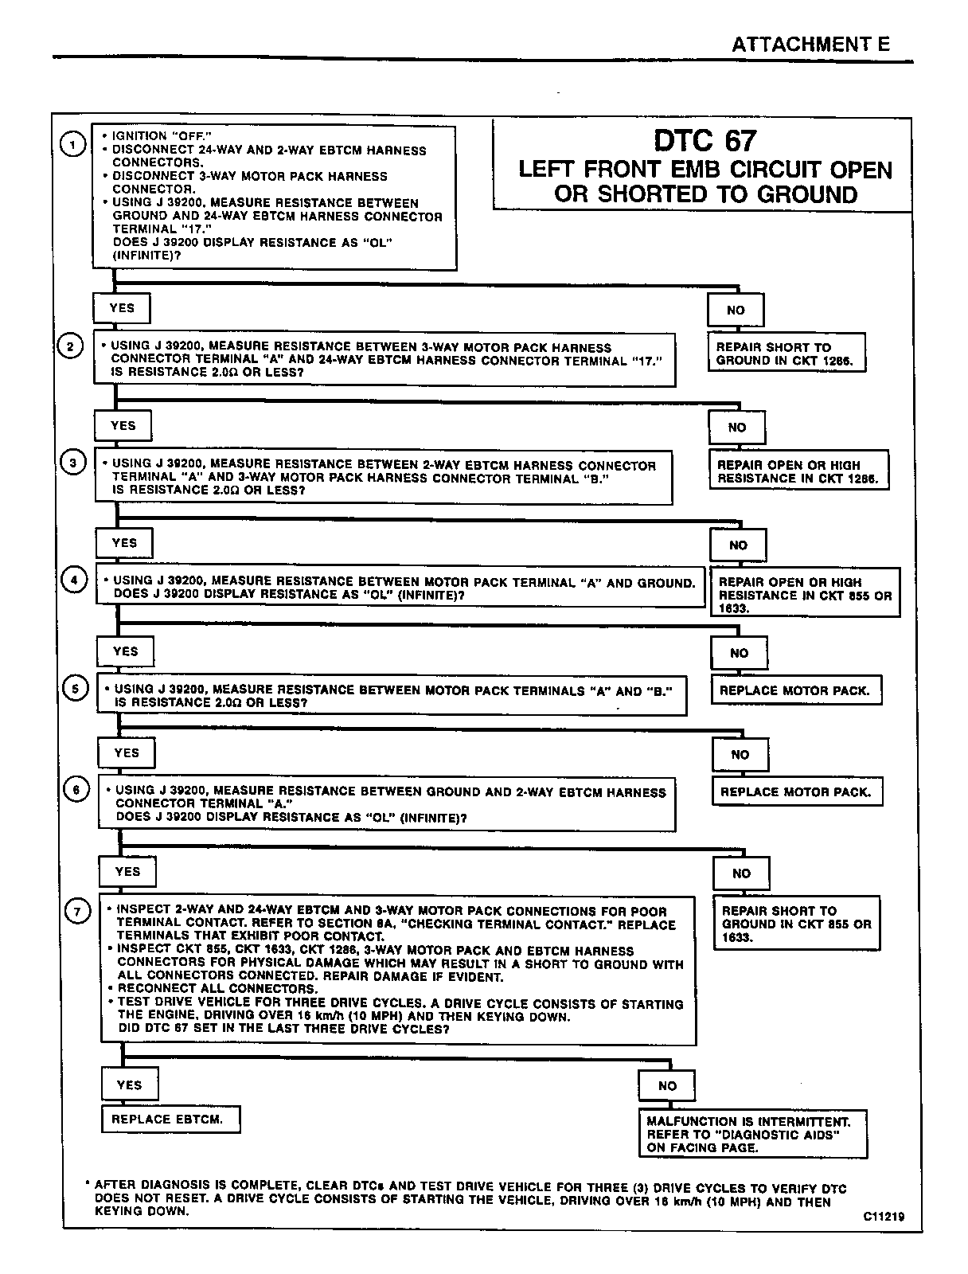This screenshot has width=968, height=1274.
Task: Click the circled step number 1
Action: click(73, 144)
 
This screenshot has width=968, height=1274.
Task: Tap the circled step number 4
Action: click(74, 580)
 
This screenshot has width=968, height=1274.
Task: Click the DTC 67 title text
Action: click(705, 141)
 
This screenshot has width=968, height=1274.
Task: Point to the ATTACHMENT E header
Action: click(810, 45)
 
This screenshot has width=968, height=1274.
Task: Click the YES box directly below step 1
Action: click(122, 308)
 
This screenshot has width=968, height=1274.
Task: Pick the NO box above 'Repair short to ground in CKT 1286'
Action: click(736, 311)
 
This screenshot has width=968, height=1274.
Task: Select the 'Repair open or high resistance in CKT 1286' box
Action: click(798, 471)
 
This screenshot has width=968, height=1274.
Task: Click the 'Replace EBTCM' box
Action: click(170, 1119)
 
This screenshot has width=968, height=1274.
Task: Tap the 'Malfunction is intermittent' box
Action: click(752, 1134)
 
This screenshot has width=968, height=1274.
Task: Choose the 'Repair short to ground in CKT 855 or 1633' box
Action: click(797, 924)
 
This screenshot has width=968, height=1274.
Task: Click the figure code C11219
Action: click(883, 1217)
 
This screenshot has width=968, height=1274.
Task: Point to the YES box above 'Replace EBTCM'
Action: click(129, 1084)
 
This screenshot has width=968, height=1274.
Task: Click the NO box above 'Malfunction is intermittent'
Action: click(667, 1086)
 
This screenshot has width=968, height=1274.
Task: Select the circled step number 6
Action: click(76, 790)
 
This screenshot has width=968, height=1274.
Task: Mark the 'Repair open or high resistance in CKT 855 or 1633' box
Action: click(805, 595)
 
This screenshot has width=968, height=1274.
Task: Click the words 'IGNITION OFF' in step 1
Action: click(162, 136)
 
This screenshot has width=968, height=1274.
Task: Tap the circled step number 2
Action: click(70, 346)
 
